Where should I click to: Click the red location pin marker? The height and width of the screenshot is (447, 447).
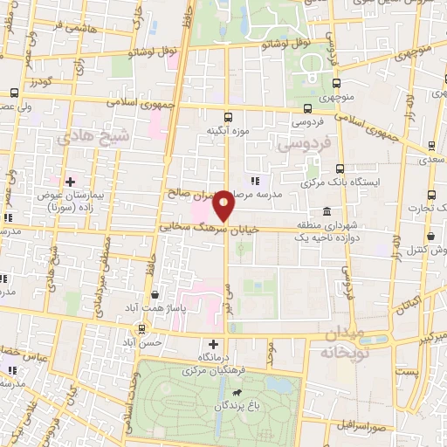click(x=224, y=205)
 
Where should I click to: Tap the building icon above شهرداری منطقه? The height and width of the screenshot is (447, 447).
click(x=326, y=211)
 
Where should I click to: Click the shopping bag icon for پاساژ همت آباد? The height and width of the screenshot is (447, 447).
click(x=155, y=294)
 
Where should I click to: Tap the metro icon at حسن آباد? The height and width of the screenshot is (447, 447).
click(x=141, y=328)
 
